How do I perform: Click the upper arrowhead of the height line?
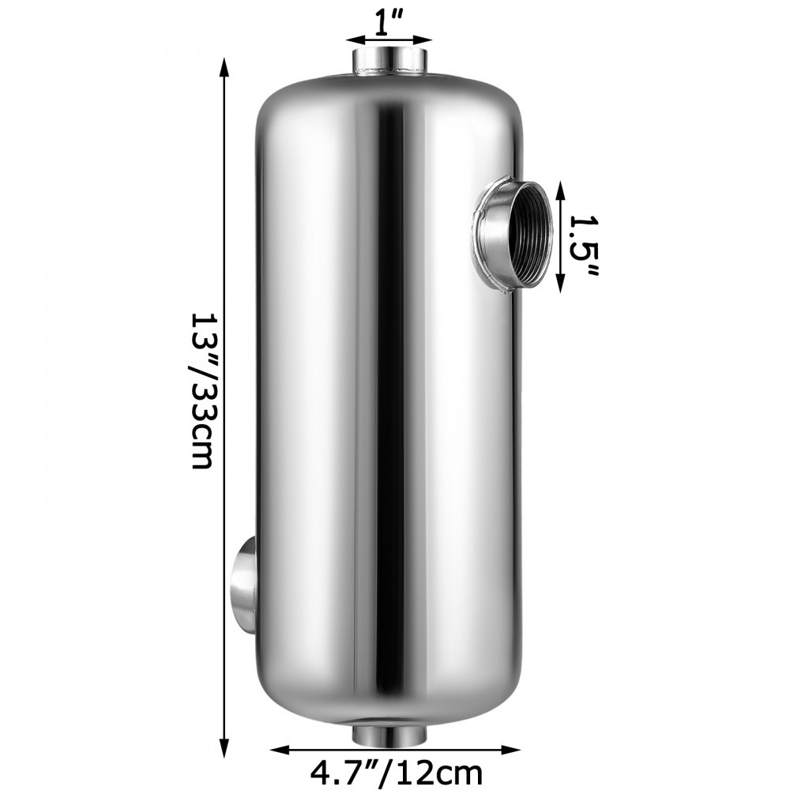(224, 69)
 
